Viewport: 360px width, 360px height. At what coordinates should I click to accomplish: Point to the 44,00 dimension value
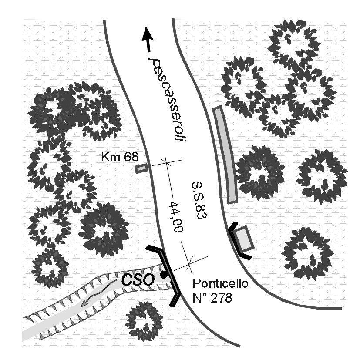176,217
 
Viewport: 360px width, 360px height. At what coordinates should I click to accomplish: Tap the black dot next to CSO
163,275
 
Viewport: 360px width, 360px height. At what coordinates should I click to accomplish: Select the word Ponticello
220,285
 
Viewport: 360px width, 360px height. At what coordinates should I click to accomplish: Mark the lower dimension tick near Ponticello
189,261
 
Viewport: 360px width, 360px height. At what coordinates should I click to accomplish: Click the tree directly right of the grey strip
260,172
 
